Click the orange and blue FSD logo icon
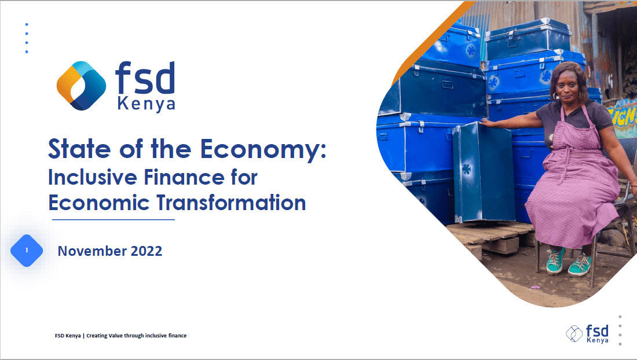[81, 86]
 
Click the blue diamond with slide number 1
[27, 251]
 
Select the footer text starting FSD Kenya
[120, 336]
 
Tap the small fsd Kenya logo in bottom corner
[588, 334]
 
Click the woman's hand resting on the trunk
[486, 123]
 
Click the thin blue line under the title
[113, 220]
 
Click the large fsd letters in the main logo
[145, 79]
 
